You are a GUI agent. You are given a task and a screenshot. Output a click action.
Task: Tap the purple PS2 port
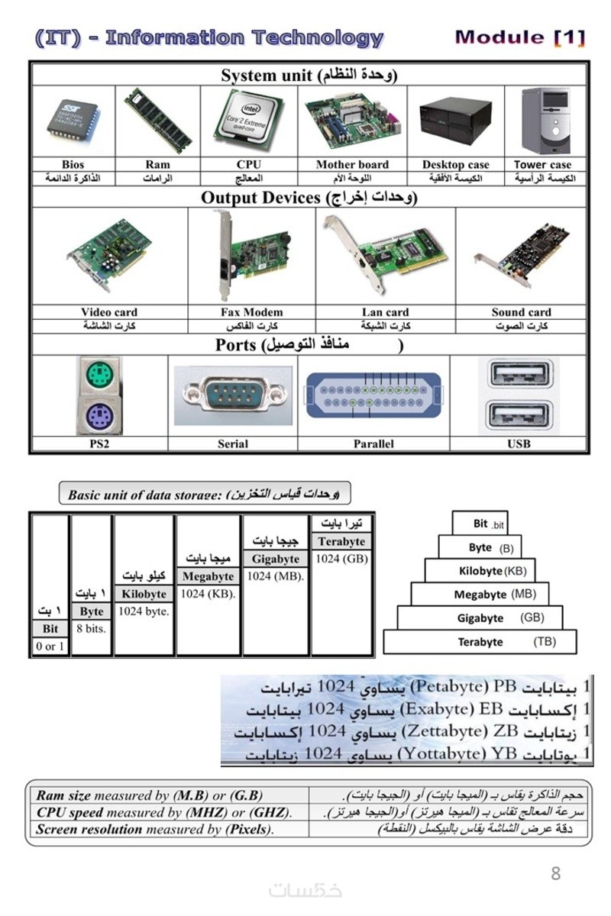click(99, 417)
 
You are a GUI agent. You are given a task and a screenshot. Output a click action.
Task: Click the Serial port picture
click(232, 396)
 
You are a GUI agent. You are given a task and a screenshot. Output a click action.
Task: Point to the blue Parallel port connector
click(373, 395)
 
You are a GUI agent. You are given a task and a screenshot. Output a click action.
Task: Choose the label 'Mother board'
click(352, 164)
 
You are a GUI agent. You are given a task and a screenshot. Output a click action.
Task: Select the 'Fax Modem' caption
click(251, 312)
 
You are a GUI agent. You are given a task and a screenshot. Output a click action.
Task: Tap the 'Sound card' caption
click(521, 312)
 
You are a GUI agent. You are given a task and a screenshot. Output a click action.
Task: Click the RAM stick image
click(158, 121)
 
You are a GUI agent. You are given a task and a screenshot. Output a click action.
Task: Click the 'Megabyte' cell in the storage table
click(208, 576)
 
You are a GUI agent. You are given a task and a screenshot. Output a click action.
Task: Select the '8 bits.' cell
click(92, 629)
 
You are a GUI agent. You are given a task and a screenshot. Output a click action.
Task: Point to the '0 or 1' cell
click(50, 647)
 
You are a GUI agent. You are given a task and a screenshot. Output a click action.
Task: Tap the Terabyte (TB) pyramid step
click(480, 642)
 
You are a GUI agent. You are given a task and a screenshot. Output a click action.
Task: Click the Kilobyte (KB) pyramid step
click(479, 571)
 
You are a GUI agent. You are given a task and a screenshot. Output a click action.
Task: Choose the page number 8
click(555, 872)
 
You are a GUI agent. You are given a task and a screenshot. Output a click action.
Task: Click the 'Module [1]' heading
click(519, 37)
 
